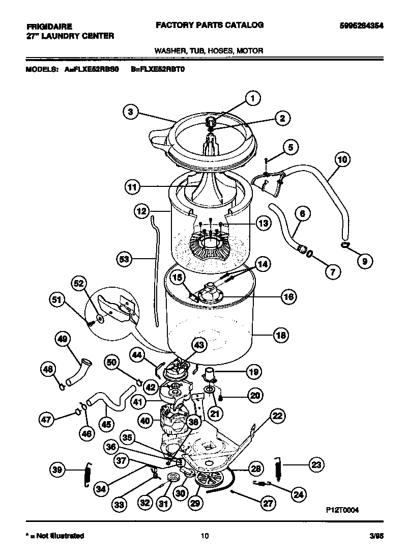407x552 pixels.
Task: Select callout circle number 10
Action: [342, 159]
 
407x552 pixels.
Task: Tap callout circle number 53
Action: [124, 259]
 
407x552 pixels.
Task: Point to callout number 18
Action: [281, 335]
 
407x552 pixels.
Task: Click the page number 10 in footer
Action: [204, 535]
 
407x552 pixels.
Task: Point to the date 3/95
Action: [376, 536]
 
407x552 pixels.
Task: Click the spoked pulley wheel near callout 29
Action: [209, 480]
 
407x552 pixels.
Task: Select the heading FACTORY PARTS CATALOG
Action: [209, 24]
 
